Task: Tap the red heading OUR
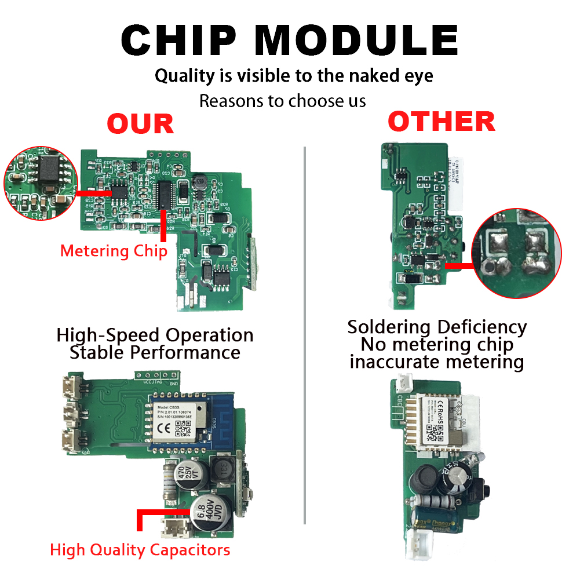coord(140,124)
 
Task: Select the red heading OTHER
coord(442,122)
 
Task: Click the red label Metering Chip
coord(114,251)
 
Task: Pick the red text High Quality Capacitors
coord(140,549)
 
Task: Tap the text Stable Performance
coord(155,352)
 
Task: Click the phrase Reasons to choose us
coord(282,101)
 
